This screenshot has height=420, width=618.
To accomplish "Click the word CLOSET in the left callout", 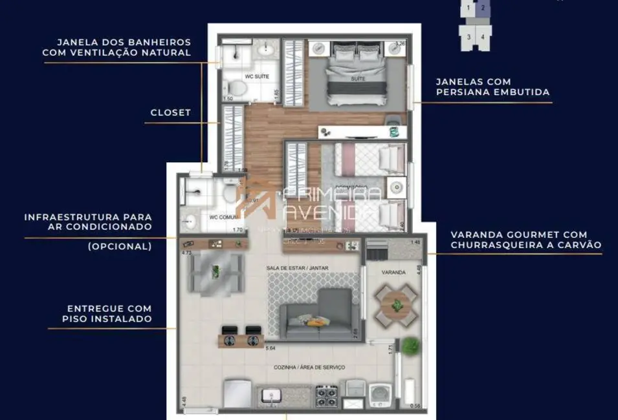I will (x=171, y=112).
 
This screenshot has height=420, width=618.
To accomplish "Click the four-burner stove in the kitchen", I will (x=326, y=395).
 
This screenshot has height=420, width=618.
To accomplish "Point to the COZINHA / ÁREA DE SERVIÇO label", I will (x=310, y=367).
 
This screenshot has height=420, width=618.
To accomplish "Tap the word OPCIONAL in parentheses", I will (x=120, y=246).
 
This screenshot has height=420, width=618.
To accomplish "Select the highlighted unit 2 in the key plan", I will (x=481, y=9).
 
